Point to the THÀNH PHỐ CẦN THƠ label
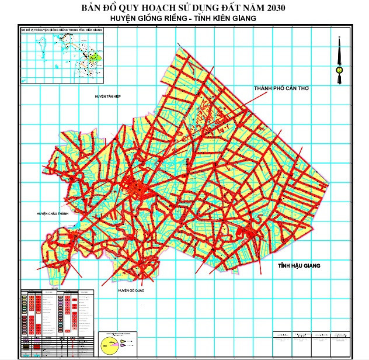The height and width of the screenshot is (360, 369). pos(280,88)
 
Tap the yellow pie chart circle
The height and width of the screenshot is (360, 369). pos(107,344)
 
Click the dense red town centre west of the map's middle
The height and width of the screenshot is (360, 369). pos(137,188)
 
